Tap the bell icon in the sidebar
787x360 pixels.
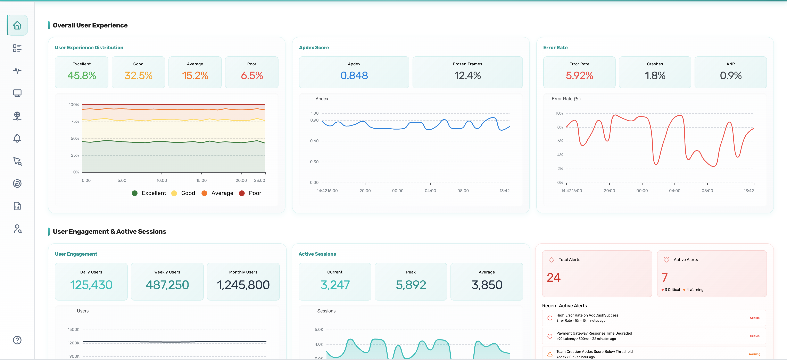click(17, 138)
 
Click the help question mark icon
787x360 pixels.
click(17, 340)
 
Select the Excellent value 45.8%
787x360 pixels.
click(82, 75)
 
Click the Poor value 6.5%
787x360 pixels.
click(252, 75)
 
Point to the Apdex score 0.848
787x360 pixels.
click(354, 75)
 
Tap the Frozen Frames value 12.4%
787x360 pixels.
click(467, 75)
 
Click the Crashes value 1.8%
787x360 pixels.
click(655, 75)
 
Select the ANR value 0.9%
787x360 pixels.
click(730, 75)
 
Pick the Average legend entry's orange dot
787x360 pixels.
click(204, 193)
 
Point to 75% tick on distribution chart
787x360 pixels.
click(75, 121)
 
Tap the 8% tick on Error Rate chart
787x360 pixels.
click(560, 127)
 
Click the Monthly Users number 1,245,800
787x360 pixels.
click(243, 285)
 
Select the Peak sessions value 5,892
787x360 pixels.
click(411, 285)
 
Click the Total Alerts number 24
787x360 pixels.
click(554, 278)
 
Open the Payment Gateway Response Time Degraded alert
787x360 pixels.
click(594, 333)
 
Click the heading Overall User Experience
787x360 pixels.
click(90, 25)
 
